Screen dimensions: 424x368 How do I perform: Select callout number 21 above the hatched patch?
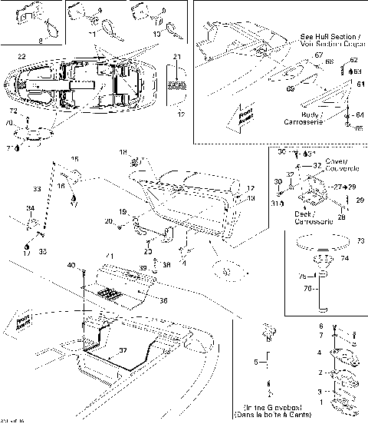177,58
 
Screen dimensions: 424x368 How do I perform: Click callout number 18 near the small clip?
122,154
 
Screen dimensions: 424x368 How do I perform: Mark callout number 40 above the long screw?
71,265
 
